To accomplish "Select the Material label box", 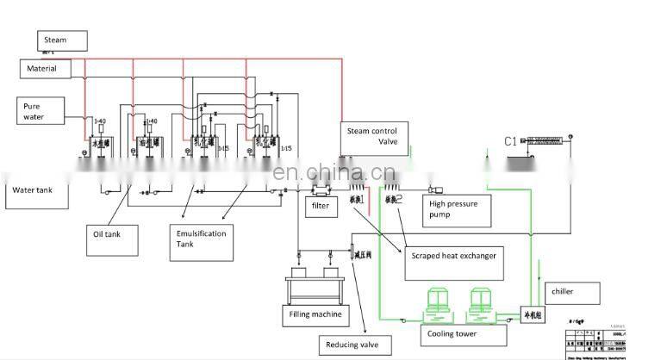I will pyautogui.click(x=45, y=67).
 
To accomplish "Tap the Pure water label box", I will pyautogui.click(x=41, y=111).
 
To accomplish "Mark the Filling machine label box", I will pyautogui.click(x=315, y=314).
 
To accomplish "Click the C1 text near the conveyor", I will pyautogui.click(x=510, y=141).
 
